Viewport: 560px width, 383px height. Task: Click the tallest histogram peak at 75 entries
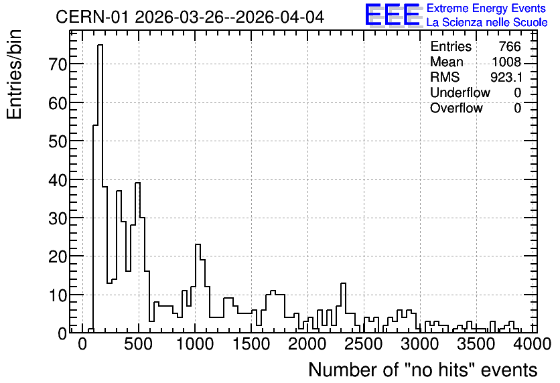[x=100, y=45]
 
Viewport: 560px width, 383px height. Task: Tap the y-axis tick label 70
[x=57, y=64]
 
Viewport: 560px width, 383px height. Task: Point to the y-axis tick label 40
[x=57, y=180]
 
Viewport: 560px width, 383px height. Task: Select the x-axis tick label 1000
[x=195, y=344]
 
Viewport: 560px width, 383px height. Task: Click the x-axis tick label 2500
[x=364, y=344]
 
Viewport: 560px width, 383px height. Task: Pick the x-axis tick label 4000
[x=533, y=344]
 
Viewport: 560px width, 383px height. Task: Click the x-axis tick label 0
[x=82, y=344]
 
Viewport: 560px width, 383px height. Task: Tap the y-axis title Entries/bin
[x=14, y=75]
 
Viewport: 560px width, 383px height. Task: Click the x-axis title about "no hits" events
[x=423, y=370]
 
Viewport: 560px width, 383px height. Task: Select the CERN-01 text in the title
[x=92, y=17]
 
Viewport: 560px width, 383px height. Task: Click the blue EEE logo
[x=393, y=15]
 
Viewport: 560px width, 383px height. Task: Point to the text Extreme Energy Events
[x=486, y=8]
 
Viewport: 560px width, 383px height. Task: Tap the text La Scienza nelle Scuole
[x=487, y=22]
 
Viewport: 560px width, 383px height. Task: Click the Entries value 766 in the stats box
[x=510, y=46]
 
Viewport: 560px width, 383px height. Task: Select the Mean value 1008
[x=506, y=62]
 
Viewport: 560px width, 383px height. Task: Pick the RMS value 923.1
[x=506, y=77]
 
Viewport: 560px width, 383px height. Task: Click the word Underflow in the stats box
[x=460, y=92]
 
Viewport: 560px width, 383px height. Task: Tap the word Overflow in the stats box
[x=456, y=108]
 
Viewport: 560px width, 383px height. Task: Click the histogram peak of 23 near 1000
[x=198, y=244]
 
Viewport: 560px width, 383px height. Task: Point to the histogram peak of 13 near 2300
[x=344, y=283]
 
